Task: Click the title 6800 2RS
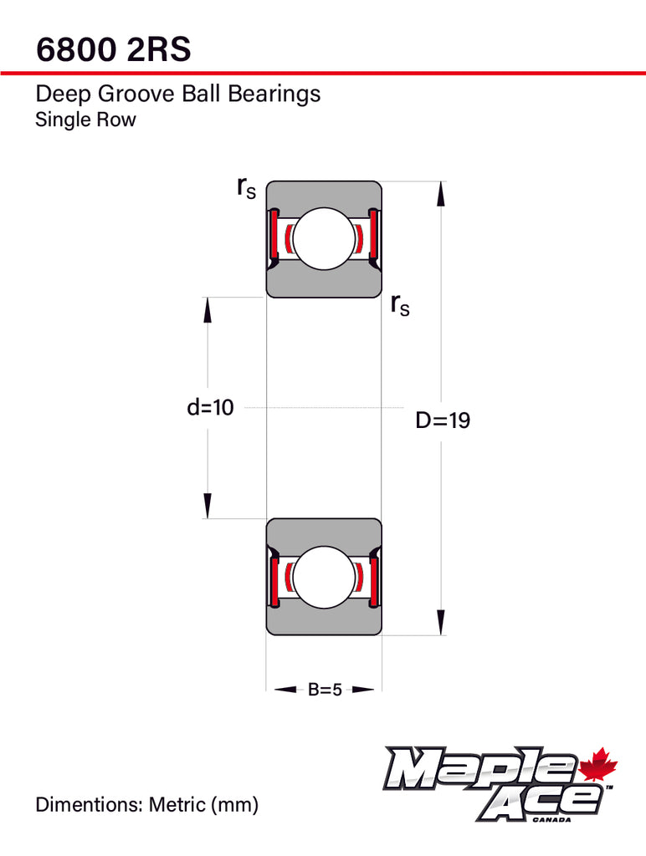tap(114, 50)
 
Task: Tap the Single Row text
tap(85, 120)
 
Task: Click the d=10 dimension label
tap(210, 408)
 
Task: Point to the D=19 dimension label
tap(443, 420)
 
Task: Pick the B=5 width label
tap(325, 690)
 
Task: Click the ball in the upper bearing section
tap(324, 238)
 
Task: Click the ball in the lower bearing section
tap(324, 578)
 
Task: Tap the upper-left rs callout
tap(246, 189)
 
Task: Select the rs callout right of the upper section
tap(400, 305)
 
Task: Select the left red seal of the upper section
tap(272, 238)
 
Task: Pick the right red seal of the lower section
tap(374, 578)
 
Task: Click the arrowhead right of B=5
tap(362, 690)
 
